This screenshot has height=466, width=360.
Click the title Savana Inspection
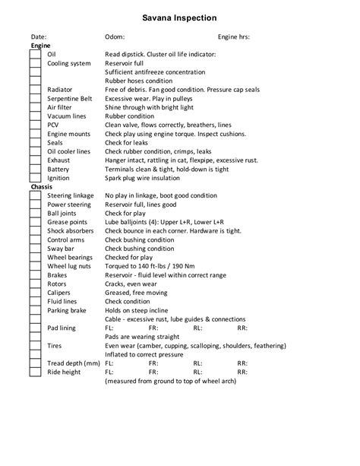click(x=179, y=17)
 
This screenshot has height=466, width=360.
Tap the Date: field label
click(x=39, y=36)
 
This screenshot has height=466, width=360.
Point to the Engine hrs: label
click(x=234, y=36)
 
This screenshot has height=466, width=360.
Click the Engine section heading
click(x=40, y=46)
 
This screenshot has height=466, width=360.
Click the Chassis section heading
click(x=42, y=186)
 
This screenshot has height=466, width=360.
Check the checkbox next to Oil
click(x=35, y=55)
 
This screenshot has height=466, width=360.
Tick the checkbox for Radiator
click(x=35, y=90)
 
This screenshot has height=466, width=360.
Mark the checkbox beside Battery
click(x=35, y=169)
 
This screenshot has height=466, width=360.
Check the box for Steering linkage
click(x=35, y=195)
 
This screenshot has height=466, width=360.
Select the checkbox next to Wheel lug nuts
click(x=35, y=266)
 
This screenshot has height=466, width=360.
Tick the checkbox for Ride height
click(x=35, y=372)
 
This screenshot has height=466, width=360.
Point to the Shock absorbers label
click(x=71, y=230)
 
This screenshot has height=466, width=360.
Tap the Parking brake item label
click(x=67, y=310)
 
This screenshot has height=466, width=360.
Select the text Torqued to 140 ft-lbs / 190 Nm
click(x=154, y=266)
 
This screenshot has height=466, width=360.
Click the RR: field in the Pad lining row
click(x=242, y=328)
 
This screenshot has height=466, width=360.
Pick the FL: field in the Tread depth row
click(x=109, y=363)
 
